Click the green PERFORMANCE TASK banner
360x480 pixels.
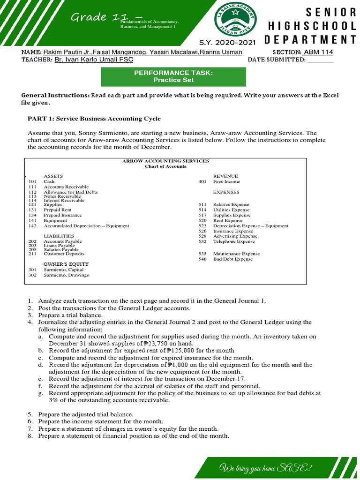[x=174, y=76]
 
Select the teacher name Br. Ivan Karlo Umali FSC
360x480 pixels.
[x=94, y=60]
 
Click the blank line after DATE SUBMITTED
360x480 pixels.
[x=320, y=60]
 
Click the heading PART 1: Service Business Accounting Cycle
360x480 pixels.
[x=94, y=119]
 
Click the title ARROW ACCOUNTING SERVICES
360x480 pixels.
[x=165, y=161]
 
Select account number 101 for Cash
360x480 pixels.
[x=32, y=181]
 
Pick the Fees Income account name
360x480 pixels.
[x=226, y=181]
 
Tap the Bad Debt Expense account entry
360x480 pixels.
[x=233, y=259]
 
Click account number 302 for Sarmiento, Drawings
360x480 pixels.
[x=32, y=275]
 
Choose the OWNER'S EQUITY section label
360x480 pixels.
[x=66, y=264]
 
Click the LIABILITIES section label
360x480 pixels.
[x=59, y=236]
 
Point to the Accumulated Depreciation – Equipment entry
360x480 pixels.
[x=86, y=225]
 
